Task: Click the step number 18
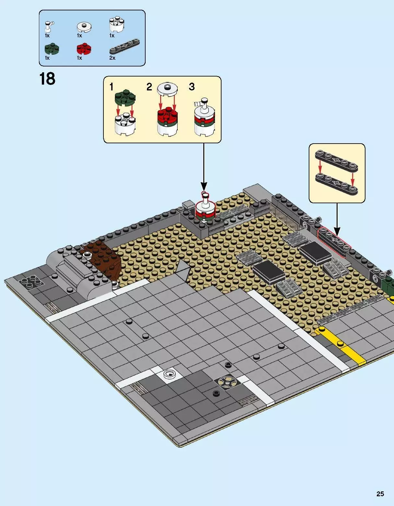pos(47,79)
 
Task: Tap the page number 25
pos(380,494)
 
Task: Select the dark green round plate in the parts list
pos(52,49)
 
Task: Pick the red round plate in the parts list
pos(84,49)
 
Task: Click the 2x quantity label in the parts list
pos(112,58)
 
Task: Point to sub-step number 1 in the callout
pos(112,87)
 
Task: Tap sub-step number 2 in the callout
pos(149,87)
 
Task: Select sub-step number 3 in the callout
pos(192,87)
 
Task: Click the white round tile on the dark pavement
pos(169,374)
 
